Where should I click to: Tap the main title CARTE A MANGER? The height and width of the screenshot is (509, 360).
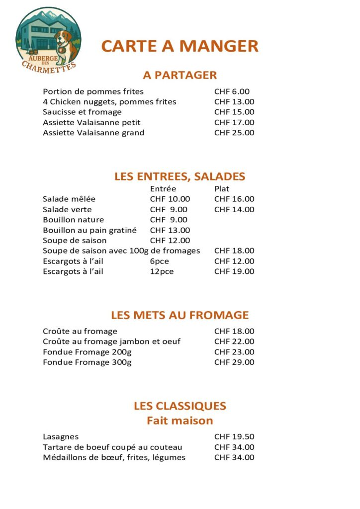pyautogui.click(x=180, y=46)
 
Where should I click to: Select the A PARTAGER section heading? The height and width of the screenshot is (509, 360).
pyautogui.click(x=180, y=75)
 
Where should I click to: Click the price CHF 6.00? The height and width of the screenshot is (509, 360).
pyautogui.click(x=232, y=91)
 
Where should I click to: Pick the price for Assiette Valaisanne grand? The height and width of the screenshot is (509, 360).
pyautogui.click(x=234, y=133)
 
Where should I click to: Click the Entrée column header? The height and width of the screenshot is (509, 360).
pyautogui.click(x=163, y=189)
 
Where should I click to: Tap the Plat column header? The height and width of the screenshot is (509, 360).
pyautogui.click(x=222, y=189)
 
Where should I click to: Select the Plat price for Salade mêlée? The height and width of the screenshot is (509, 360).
pyautogui.click(x=234, y=199)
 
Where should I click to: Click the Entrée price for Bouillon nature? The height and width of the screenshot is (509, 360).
pyautogui.click(x=169, y=220)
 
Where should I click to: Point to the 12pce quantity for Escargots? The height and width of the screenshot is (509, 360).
pyautogui.click(x=162, y=271)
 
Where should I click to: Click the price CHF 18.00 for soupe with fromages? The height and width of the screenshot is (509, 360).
pyautogui.click(x=234, y=251)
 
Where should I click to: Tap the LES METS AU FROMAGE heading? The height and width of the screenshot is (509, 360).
pyautogui.click(x=180, y=315)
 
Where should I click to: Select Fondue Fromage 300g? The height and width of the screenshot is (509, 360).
pyautogui.click(x=87, y=362)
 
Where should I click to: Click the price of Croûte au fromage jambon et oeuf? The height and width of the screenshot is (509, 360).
pyautogui.click(x=234, y=341)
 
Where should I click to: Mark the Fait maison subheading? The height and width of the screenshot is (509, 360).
pyautogui.click(x=180, y=421)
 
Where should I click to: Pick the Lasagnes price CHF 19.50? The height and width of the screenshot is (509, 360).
pyautogui.click(x=234, y=437)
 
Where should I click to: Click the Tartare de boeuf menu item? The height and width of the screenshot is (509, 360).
pyautogui.click(x=112, y=447)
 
